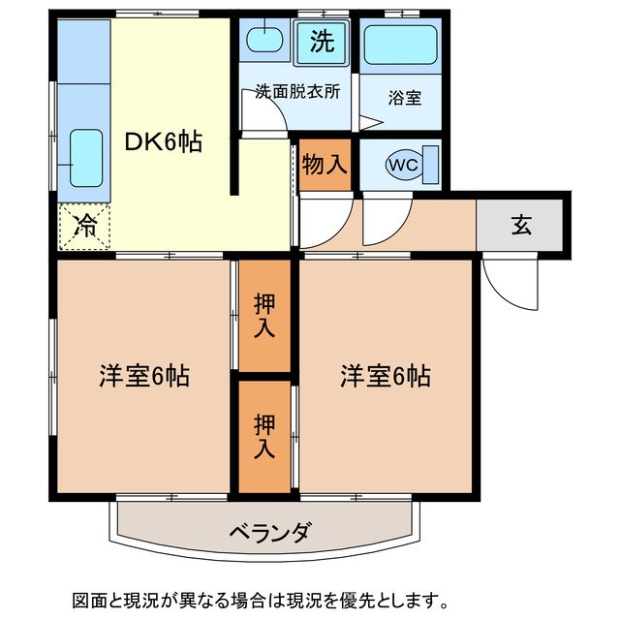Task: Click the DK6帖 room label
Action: pyautogui.click(x=163, y=141)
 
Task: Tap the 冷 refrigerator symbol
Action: pyautogui.click(x=84, y=228)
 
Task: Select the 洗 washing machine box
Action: pyautogui.click(x=322, y=42)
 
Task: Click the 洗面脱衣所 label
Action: pyautogui.click(x=296, y=94)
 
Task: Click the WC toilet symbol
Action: pyautogui.click(x=403, y=165)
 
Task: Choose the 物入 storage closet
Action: pyautogui.click(x=324, y=164)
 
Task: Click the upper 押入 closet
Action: pyautogui.click(x=264, y=315)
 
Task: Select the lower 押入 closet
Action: pyautogui.click(x=264, y=436)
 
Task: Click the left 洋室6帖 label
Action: pyautogui.click(x=143, y=376)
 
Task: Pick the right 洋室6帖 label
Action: pyautogui.click(x=385, y=376)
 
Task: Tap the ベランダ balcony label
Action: pyautogui.click(x=270, y=532)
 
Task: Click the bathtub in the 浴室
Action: pyautogui.click(x=400, y=45)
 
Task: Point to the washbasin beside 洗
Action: pyautogui.click(x=264, y=42)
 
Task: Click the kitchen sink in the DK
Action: pyautogui.click(x=82, y=155)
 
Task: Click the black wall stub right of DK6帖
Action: pyautogui.click(x=234, y=155)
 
